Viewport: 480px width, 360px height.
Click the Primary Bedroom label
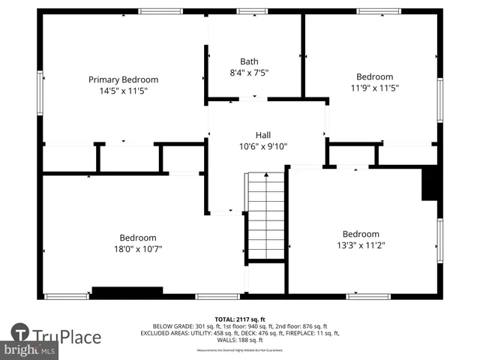[124, 79]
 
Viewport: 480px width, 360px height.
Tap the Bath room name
[249, 61]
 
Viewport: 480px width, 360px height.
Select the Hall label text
[262, 135]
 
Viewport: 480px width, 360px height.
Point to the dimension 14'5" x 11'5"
[124, 91]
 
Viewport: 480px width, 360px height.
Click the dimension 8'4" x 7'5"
[249, 73]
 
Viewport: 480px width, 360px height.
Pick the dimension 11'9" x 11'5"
[374, 88]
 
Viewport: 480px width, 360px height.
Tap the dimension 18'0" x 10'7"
[138, 248]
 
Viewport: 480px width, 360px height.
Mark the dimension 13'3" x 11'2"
[361, 244]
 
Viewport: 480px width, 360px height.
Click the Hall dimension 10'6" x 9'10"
[262, 146]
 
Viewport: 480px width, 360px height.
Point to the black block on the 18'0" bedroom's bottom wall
[127, 291]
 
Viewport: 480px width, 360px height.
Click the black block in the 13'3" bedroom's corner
[430, 184]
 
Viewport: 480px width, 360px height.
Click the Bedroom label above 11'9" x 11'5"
[374, 76]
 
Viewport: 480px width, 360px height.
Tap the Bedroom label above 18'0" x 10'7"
[138, 237]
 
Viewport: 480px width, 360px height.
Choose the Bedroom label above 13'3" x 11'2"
[361, 233]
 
